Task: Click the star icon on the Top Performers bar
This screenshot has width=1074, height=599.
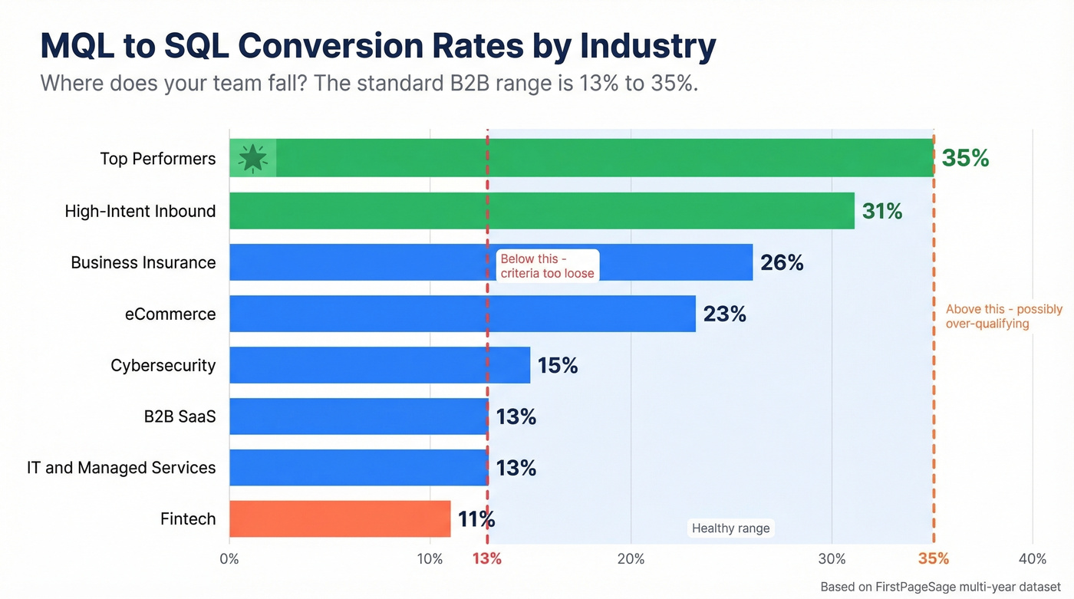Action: (253, 158)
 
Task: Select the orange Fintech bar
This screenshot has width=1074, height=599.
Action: (340, 519)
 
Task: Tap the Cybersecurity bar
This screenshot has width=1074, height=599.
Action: (380, 365)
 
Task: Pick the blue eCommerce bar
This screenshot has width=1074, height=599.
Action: (463, 314)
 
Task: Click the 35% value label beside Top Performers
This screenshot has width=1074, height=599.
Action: (965, 158)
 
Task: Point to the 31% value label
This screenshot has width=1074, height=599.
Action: (882, 211)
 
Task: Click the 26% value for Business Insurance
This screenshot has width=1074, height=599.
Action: (782, 263)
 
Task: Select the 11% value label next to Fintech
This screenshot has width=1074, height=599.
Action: (476, 519)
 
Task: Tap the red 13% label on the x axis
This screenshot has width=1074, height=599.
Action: (487, 558)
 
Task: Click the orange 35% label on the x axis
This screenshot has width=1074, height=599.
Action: (934, 558)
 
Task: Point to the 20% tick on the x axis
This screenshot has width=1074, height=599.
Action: (631, 558)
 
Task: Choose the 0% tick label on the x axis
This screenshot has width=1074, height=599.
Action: (229, 558)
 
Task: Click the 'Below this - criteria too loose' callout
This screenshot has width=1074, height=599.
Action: (547, 266)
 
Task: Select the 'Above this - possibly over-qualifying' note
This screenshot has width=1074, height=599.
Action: (1003, 316)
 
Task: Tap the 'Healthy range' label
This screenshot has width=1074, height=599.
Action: (730, 528)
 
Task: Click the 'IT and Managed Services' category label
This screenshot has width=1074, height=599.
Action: (121, 468)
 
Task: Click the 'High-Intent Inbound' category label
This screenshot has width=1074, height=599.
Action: (140, 211)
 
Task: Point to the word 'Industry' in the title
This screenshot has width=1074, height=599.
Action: (647, 46)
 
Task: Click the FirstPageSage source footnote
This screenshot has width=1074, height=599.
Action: (940, 587)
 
